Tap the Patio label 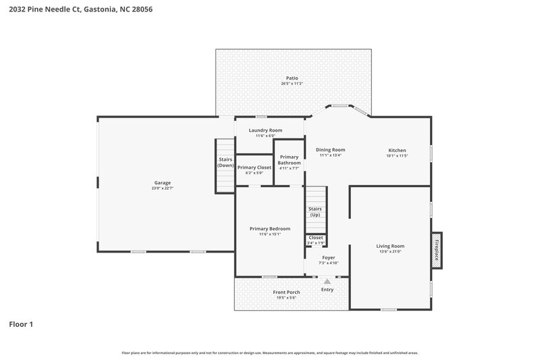292,78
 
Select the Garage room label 162,182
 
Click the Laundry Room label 265,130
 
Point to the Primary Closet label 254,167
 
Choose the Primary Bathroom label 290,160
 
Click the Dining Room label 331,150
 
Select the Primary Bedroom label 269,229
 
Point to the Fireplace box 437,251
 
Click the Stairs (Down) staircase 225,165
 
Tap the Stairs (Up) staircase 315,211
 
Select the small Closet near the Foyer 315,240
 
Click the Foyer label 329,257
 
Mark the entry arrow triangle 327,281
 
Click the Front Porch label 286,292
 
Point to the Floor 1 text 21,324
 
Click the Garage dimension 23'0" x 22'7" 162,188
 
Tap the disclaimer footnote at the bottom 270,353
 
